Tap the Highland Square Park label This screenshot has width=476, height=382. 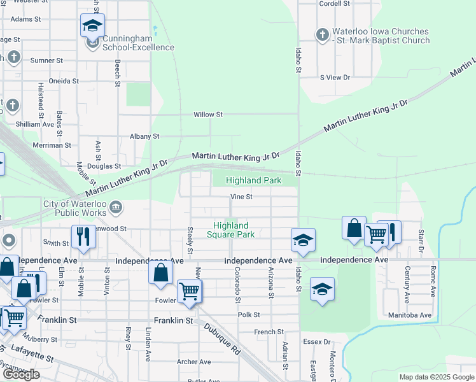click(230, 230)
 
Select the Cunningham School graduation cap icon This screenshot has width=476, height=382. click(92, 26)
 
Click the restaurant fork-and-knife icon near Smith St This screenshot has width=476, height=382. click(83, 236)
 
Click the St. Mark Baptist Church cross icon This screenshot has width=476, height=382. click(323, 34)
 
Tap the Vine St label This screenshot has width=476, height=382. click(241, 197)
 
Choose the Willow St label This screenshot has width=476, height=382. click(209, 115)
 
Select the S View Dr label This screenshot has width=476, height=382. click(335, 78)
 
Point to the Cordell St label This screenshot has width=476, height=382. click(335, 4)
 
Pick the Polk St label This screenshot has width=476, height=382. click(249, 315)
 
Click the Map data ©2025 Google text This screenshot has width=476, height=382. click(437, 377)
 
